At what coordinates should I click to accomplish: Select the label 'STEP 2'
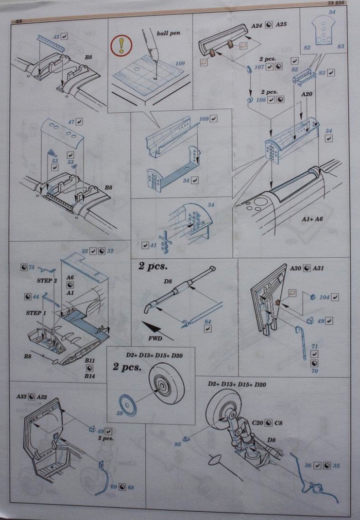click(47, 280)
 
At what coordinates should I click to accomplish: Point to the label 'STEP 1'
click(36, 313)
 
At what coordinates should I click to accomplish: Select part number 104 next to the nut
click(325, 297)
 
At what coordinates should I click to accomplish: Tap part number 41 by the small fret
click(153, 245)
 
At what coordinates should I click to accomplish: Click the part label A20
click(306, 95)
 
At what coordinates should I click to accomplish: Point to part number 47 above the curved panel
click(71, 122)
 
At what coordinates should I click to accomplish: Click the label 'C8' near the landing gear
click(279, 423)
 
